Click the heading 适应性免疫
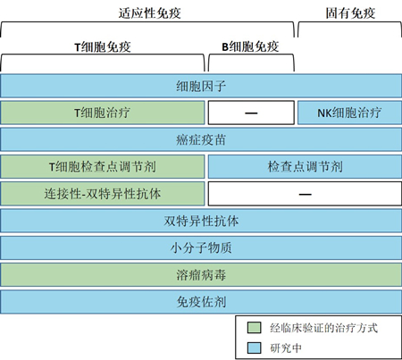149,13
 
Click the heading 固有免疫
350,13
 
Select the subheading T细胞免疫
103,46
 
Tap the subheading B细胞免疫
250,46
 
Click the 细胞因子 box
201,86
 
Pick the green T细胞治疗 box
103,113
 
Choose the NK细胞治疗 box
349,113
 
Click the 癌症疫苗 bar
201,139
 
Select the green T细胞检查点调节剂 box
103,166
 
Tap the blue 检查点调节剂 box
305,166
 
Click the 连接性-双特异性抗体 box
103,194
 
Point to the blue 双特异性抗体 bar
201,221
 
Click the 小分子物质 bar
201,247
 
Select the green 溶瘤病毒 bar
201,275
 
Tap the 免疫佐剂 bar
201,302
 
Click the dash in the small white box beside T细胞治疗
251,113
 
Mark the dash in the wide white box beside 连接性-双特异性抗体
306,195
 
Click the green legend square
254,328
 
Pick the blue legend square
254,347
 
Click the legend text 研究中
286,347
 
